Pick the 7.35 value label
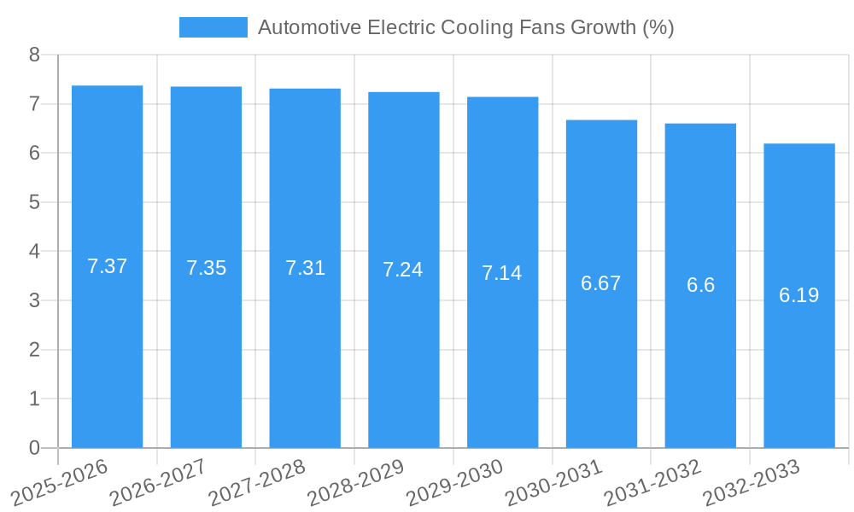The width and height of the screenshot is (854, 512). (206, 268)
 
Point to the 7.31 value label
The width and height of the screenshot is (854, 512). (305, 268)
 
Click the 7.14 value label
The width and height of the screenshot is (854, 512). (502, 273)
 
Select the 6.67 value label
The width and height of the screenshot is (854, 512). (601, 283)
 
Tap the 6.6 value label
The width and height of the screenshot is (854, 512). (700, 285)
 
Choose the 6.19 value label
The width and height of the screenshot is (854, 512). (799, 295)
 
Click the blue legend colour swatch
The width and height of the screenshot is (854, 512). (213, 27)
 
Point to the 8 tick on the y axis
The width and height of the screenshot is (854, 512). (34, 55)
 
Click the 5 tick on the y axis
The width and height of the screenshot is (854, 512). (34, 202)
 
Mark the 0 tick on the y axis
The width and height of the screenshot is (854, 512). (34, 448)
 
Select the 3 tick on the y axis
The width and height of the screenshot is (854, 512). (34, 300)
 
